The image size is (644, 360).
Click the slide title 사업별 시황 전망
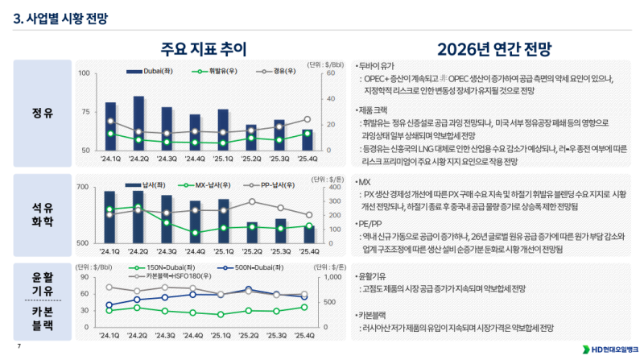point(60,16)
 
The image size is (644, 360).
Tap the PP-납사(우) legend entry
point(265,184)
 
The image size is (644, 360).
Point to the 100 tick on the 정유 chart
point(84,73)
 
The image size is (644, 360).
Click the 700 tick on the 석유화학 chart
point(84,187)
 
